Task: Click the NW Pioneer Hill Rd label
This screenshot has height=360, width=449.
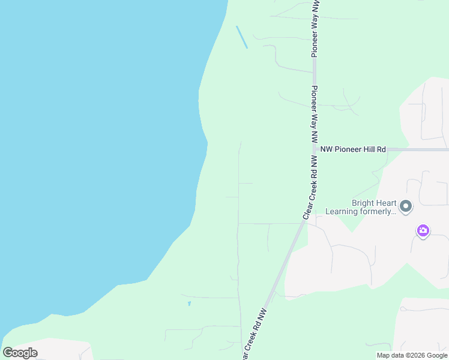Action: point(353,149)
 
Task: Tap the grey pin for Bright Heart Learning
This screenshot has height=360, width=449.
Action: point(406,207)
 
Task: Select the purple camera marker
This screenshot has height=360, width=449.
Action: point(423,230)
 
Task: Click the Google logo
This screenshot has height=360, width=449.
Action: point(20,352)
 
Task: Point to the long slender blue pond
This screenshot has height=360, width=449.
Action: point(242,37)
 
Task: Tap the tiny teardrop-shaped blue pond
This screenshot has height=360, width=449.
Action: point(189,304)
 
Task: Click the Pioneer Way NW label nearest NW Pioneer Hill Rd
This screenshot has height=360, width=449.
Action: point(314,113)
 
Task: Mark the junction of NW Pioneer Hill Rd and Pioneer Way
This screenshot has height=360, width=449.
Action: point(314,149)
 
